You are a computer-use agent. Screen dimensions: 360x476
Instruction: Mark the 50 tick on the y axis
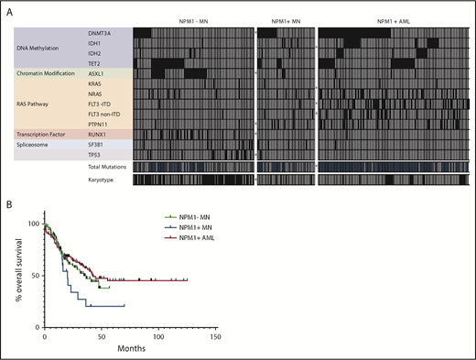[x=34, y=276]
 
